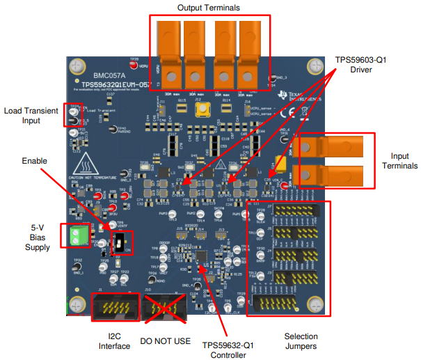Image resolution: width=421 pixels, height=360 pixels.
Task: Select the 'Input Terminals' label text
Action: [x=399, y=159]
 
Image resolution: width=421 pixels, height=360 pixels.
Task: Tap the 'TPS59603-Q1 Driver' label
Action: [x=361, y=65]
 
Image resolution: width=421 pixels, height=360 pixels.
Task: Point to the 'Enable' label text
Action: [x=33, y=161]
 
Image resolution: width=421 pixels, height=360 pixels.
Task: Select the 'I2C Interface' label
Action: [x=114, y=342]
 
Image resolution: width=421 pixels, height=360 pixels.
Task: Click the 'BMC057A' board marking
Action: [x=109, y=73]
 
